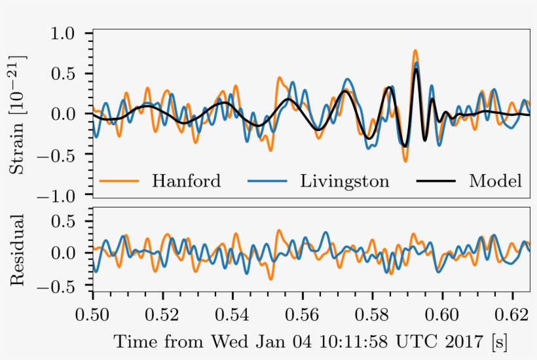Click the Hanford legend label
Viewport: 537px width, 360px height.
click(x=187, y=181)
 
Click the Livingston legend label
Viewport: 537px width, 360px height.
click(x=344, y=181)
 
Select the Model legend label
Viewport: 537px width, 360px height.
click(x=495, y=181)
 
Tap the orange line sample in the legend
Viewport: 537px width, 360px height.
click(x=119, y=181)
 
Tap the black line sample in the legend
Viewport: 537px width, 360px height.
click(x=435, y=181)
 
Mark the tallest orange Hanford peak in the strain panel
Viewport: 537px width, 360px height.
click(x=415, y=51)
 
